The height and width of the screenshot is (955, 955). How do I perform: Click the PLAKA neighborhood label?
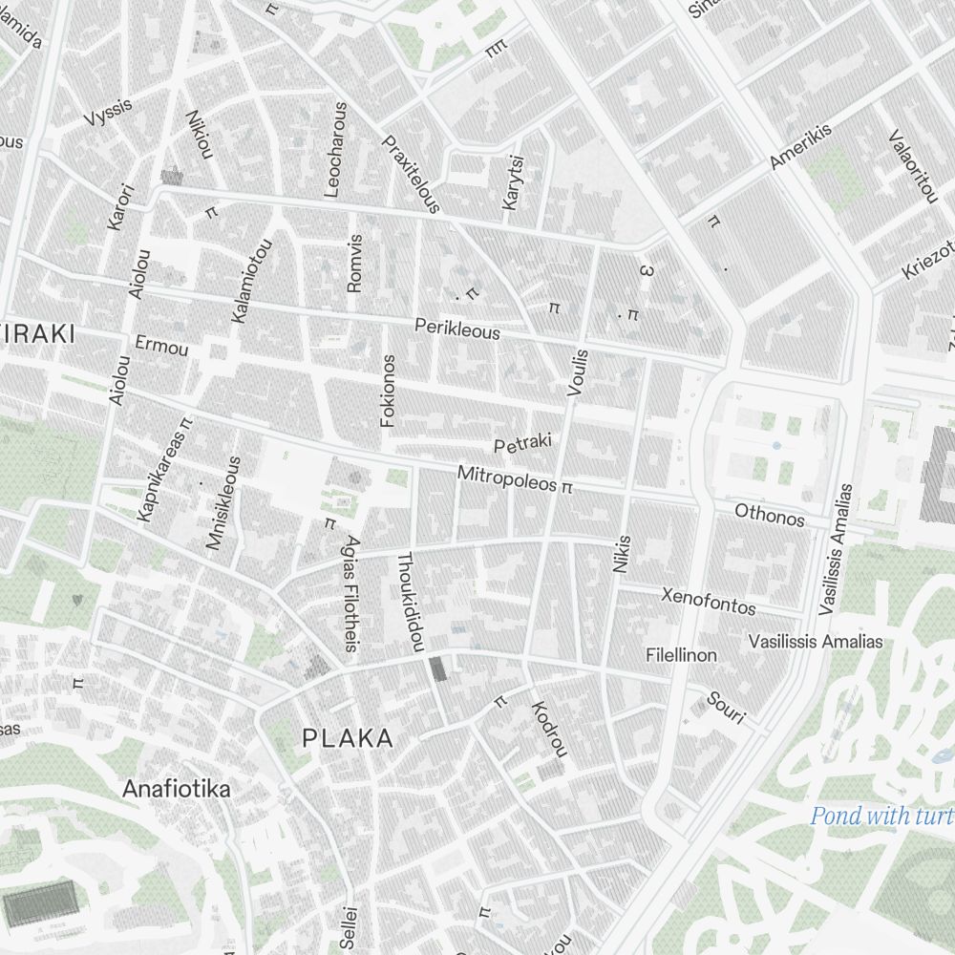pos(347,738)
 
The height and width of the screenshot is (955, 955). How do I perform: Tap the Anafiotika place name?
pos(177,790)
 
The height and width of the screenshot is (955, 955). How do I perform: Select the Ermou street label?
pos(162,347)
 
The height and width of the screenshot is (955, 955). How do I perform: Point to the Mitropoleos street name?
pos(506,479)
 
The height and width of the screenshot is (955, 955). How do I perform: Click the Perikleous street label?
pos(457,329)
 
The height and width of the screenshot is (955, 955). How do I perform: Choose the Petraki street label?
pos(523,444)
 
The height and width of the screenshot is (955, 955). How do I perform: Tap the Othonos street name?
pos(770,516)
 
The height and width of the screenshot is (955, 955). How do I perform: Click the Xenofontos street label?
pos(709,601)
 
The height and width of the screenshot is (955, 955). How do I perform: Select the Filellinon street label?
pos(681,656)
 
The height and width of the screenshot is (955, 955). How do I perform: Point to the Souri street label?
pos(725,706)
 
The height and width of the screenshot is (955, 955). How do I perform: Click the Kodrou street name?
pos(549,729)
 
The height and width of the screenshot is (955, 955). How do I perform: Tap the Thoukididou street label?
pos(410,602)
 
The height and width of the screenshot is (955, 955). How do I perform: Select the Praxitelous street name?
pos(411,173)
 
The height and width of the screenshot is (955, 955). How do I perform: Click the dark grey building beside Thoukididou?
pos(438,668)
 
